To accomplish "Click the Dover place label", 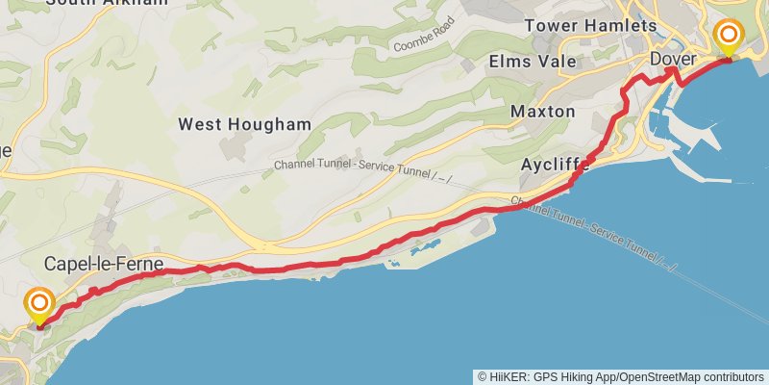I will pos(673,60).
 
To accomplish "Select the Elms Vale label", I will pos(533,62).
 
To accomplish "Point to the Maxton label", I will pos(543,112).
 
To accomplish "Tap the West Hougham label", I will pos(245,124).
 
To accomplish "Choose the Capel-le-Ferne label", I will pos(103,263).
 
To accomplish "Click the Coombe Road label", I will pos(422,40).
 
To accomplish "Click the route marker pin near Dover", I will pos(730,39).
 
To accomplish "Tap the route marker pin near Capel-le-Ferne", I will pos(39,307).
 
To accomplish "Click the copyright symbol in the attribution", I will pos(482,376).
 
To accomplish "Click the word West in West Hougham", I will pos(199,124).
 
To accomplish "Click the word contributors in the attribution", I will pos(735,376).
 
